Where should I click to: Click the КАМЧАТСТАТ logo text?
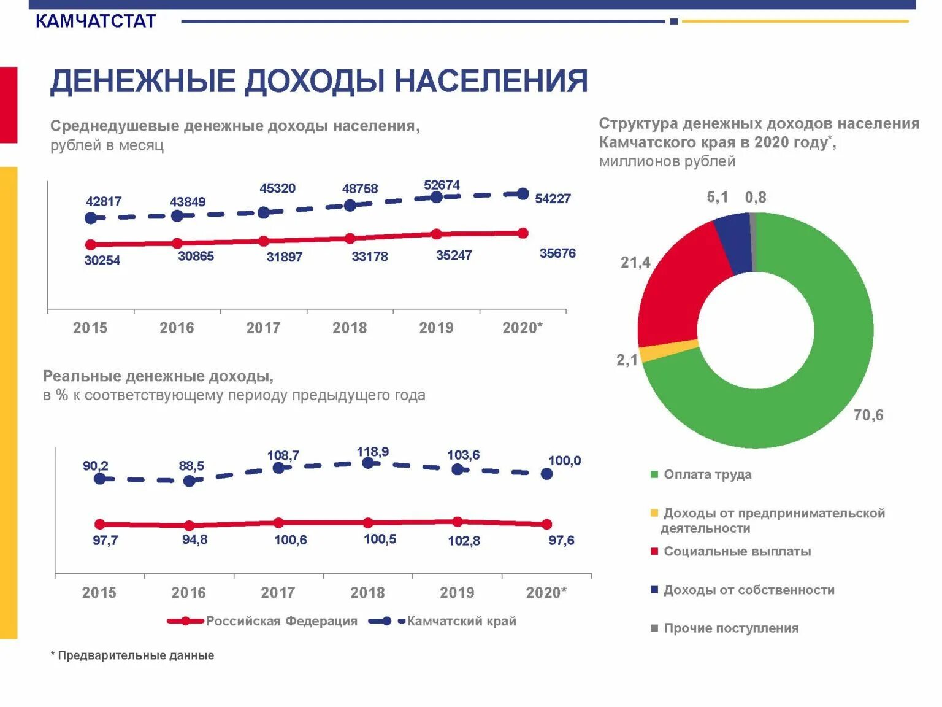pos(96,21)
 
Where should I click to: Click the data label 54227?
pos(553,199)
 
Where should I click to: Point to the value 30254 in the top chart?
pos(102,260)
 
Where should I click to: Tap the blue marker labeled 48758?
pos(350,206)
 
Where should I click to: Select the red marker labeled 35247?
pos(436,234)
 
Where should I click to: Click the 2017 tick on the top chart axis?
pos(263,328)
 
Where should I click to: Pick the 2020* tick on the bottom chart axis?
pos(546,593)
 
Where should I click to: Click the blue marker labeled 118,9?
pos(368,463)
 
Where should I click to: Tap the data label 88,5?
pos(191,466)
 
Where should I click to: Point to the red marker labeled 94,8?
pos(189,526)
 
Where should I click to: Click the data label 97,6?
pos(561,541)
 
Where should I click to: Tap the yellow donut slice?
pos(669,350)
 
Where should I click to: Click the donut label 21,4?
pos(635,263)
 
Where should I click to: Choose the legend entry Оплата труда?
pos(707,474)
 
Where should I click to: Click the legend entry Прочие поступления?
pos(730,628)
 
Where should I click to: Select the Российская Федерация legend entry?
pos(281,621)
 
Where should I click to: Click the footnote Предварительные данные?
pos(135,655)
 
